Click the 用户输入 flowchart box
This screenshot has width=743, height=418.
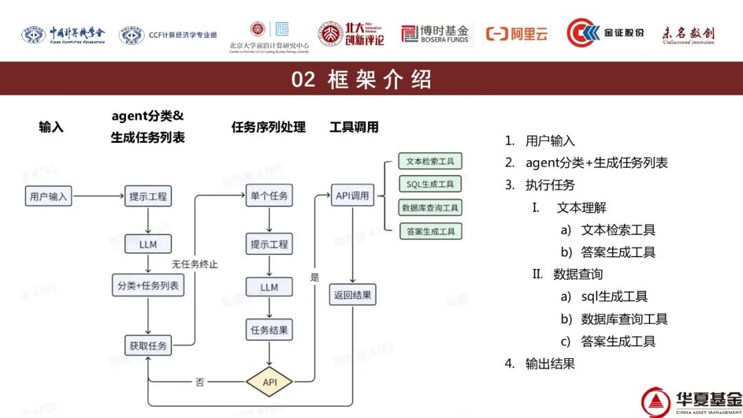click(x=48, y=197)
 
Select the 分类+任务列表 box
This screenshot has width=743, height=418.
click(x=148, y=285)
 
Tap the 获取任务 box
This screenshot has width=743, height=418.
click(x=148, y=346)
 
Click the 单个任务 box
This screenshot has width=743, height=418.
click(x=269, y=197)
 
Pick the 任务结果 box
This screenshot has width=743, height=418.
click(x=269, y=330)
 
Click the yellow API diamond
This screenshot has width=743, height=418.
click(x=269, y=382)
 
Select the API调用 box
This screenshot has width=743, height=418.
click(x=352, y=196)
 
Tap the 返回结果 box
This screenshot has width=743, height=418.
click(x=352, y=296)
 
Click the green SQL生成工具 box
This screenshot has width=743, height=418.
click(x=430, y=184)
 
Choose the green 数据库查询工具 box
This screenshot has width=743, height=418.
click(x=430, y=208)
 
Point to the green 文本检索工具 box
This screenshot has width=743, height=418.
click(x=430, y=162)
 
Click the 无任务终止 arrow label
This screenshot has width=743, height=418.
click(x=195, y=264)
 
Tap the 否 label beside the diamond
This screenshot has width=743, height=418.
click(x=200, y=382)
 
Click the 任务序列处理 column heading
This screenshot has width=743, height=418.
click(x=268, y=127)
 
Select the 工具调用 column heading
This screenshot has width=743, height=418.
click(x=354, y=127)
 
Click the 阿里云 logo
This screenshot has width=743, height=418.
click(x=517, y=33)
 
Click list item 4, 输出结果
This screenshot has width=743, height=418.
click(x=550, y=364)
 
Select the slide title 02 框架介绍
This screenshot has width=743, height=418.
click(x=362, y=79)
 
